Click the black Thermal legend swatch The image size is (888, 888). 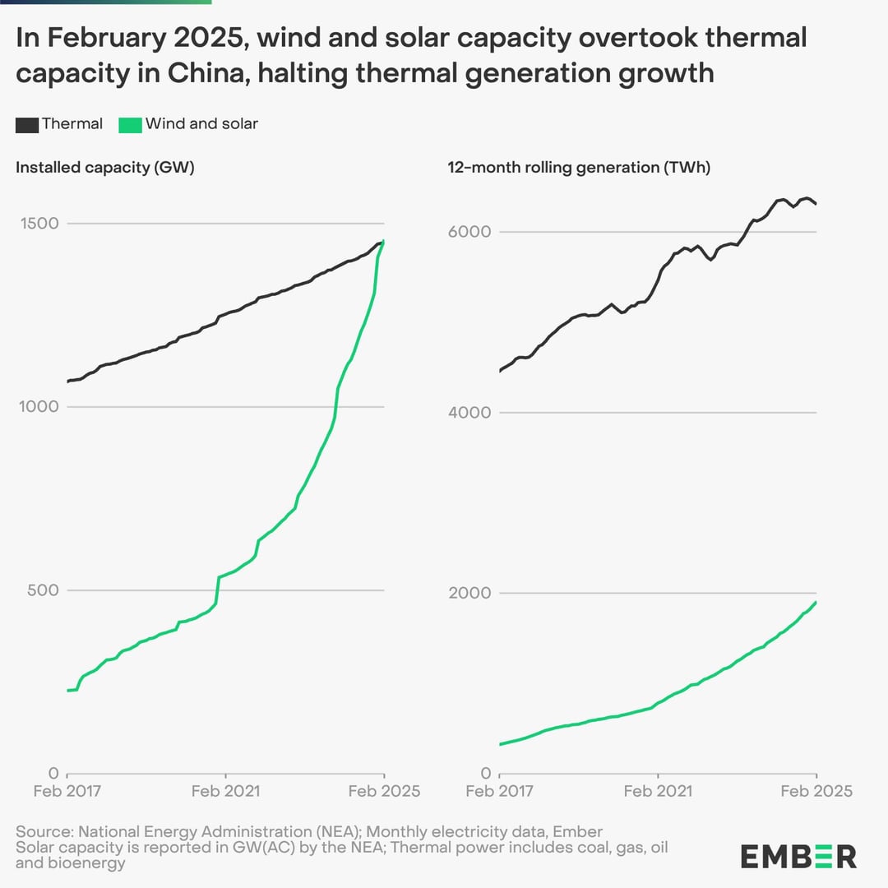click(27, 125)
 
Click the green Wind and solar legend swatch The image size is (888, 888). click(130, 125)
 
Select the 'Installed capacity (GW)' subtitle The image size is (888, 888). click(105, 168)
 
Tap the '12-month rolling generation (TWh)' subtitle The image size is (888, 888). click(579, 168)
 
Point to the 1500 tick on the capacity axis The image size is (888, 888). click(39, 223)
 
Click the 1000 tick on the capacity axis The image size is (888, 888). click(39, 407)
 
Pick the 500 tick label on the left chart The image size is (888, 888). click(43, 590)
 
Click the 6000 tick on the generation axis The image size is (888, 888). click(469, 232)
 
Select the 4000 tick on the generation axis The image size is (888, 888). click(469, 412)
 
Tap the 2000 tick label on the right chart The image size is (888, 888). click(469, 593)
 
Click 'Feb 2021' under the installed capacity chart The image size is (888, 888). click(225, 791)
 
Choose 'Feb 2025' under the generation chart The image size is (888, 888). click(816, 791)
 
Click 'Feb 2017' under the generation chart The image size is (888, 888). click(500, 791)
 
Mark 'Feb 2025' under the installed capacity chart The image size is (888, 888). click(385, 791)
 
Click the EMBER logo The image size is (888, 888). click(798, 856)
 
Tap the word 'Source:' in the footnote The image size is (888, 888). click(44, 832)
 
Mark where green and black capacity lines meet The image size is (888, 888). click(382, 243)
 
